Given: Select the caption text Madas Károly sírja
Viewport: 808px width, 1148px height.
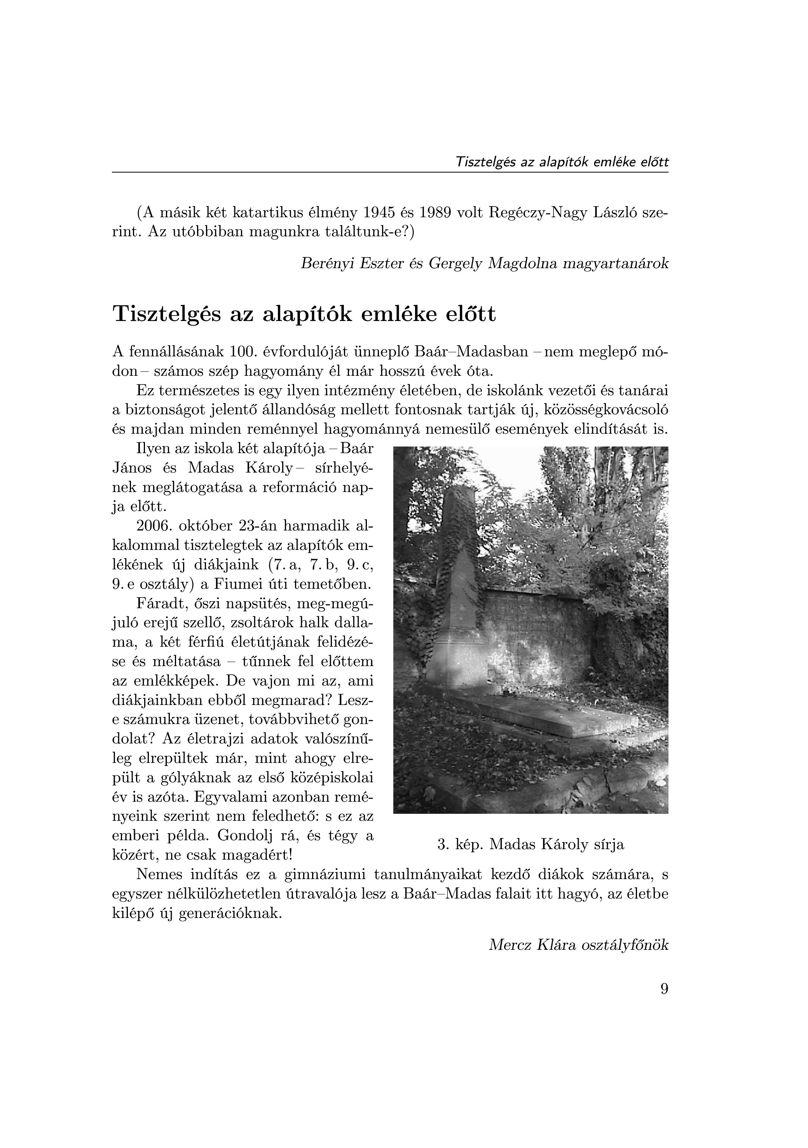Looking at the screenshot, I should point(557,844).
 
